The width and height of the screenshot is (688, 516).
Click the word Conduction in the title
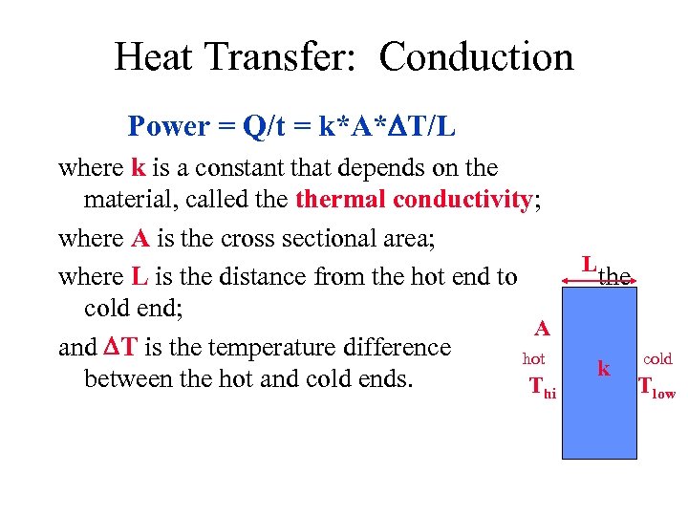click(x=476, y=57)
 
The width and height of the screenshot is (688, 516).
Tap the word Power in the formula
click(x=168, y=126)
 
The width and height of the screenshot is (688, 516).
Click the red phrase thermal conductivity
click(x=414, y=200)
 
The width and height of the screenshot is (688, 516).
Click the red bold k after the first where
click(x=138, y=168)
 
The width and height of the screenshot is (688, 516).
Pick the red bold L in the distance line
click(x=140, y=277)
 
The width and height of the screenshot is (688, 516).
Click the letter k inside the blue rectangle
click(x=603, y=368)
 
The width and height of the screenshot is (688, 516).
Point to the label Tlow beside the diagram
click(x=656, y=387)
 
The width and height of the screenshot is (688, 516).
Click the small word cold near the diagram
click(x=657, y=359)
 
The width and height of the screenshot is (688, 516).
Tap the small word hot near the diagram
click(x=533, y=359)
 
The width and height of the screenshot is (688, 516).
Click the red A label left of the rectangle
click(x=542, y=329)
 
